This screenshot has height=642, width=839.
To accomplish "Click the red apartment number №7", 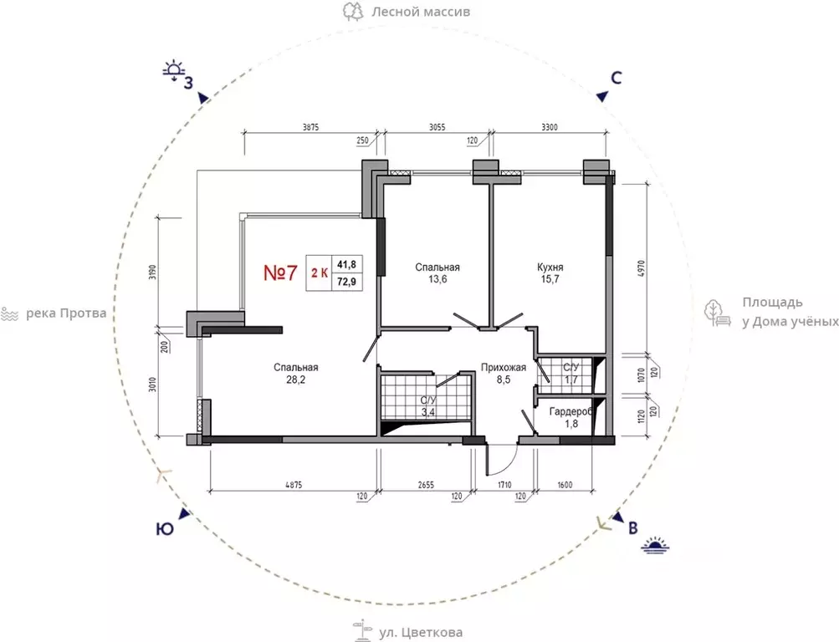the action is [x=280, y=273].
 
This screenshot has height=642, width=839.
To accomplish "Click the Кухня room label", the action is [x=550, y=267].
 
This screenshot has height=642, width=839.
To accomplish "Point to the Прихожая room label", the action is [x=503, y=367].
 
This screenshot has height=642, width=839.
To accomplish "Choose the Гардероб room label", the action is [x=571, y=412].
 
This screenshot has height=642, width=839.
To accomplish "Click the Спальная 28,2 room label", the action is [x=296, y=373].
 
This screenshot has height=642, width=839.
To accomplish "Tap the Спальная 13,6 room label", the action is [x=437, y=273].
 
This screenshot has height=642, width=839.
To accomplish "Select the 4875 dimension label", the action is [x=294, y=485].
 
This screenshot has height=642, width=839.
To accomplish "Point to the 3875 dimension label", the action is [x=310, y=127].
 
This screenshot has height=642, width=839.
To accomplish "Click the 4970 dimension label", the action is [x=642, y=269].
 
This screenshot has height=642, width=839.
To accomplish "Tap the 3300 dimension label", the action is [x=550, y=127].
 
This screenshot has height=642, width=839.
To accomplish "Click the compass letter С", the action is [x=616, y=78].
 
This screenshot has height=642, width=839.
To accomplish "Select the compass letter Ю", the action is [x=165, y=529].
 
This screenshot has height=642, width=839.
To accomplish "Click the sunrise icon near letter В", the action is [x=656, y=544].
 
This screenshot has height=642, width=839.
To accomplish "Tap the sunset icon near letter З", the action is [x=174, y=70].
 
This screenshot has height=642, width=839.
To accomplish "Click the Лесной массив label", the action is [x=421, y=11].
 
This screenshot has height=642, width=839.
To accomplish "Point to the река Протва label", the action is [x=66, y=313].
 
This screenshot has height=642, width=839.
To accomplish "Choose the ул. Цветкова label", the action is [x=421, y=632].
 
